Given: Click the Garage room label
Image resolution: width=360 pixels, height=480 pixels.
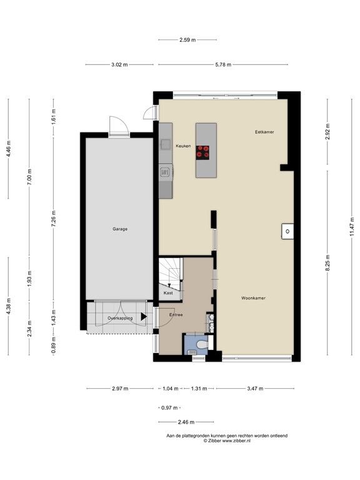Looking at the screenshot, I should point(120,229).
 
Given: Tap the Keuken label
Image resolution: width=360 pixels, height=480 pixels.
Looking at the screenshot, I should point(182,145).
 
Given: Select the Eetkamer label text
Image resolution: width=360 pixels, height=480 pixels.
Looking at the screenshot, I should point(265,132).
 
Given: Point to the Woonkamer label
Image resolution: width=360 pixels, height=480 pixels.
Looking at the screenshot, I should point(253,298).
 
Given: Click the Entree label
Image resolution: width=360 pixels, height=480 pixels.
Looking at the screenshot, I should point(176,314).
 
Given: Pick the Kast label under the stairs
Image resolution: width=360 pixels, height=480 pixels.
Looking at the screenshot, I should point(168,292).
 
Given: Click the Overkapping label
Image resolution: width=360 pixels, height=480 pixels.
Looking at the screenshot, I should point(119,318).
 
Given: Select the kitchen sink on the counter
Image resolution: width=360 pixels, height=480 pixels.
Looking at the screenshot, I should point(166,145).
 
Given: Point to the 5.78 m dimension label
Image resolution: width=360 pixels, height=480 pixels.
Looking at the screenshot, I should point(223,64).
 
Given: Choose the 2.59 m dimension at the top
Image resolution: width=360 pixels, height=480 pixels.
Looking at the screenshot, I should point(187,40).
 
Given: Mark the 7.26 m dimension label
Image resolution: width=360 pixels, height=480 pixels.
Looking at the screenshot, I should point(53,220).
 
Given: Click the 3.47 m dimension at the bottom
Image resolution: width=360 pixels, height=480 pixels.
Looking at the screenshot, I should point(253,389).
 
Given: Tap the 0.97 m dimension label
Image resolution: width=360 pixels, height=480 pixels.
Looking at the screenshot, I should point(167,407).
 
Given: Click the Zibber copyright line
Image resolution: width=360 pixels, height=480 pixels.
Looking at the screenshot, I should point(227,441).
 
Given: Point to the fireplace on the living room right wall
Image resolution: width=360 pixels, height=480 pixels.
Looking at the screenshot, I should point(287,231).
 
